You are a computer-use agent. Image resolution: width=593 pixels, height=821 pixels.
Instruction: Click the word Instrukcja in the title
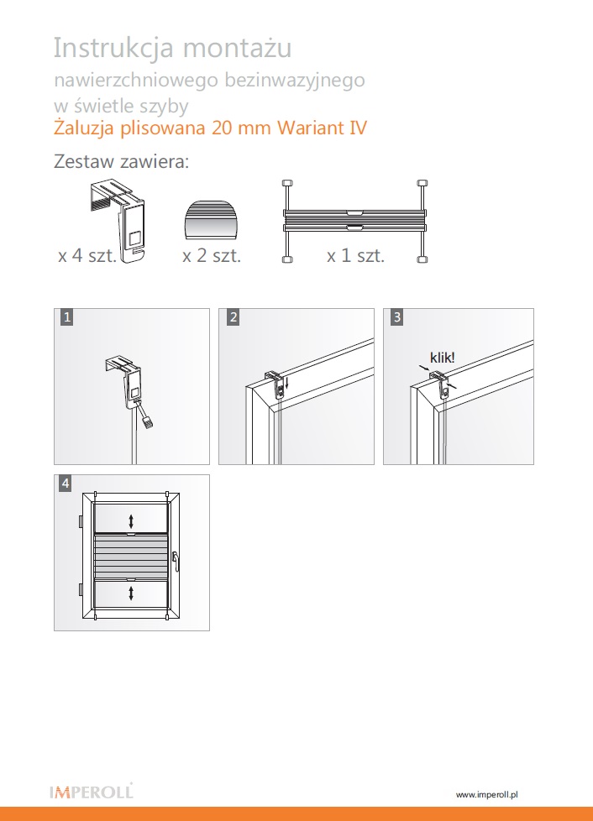pos(113,48)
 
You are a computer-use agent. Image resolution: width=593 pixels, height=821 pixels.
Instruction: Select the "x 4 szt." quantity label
pos(87,255)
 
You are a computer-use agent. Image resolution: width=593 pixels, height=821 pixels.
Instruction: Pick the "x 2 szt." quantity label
pos(212,255)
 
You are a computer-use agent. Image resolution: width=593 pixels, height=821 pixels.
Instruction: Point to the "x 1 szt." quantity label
pos(355,255)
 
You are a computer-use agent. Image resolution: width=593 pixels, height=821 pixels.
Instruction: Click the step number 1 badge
pos(66,316)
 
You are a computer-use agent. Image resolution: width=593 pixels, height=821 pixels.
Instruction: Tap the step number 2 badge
pos(234,316)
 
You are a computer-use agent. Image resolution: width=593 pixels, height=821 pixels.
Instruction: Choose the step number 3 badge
pos(397,316)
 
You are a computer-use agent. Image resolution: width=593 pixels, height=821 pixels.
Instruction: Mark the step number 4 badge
pos(66,483)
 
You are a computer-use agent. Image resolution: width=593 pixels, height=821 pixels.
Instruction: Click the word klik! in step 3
pos(442,358)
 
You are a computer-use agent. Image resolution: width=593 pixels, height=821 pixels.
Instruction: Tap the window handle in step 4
pos(176,562)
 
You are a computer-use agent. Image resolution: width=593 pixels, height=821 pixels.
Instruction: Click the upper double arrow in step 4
pos(131,521)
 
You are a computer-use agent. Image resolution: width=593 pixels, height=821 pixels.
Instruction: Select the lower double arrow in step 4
pos(131,594)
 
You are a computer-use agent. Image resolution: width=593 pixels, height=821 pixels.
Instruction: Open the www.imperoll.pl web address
pos(487,794)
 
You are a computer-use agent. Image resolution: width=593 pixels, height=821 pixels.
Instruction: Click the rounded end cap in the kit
pos(212,220)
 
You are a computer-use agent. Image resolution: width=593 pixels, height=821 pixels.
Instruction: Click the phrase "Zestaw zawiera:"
pos(121,161)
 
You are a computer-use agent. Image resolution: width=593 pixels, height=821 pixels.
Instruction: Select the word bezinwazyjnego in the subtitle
pos(295,81)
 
